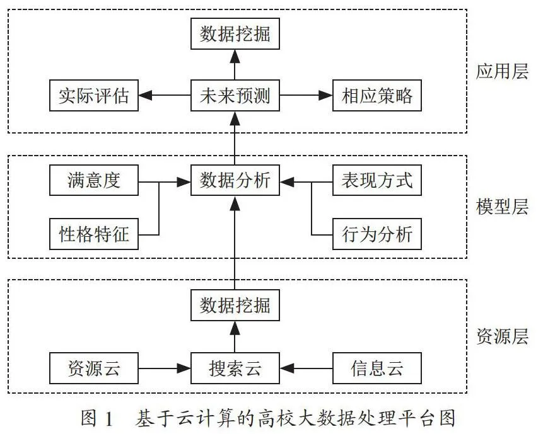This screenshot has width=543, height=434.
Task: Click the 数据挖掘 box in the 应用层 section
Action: pyautogui.click(x=235, y=34)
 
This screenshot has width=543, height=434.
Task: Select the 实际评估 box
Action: pyautogui.click(x=94, y=96)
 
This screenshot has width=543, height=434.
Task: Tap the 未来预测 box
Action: pyautogui.click(x=235, y=96)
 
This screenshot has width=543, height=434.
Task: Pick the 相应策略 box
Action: pyautogui.click(x=377, y=96)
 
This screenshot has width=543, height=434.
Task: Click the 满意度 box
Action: pyautogui.click(x=94, y=180)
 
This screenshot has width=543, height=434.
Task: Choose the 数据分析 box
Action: pyautogui.click(x=235, y=180)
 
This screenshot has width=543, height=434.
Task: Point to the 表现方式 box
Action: pyautogui.click(x=377, y=180)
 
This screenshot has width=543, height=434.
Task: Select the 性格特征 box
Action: pyautogui.click(x=94, y=234)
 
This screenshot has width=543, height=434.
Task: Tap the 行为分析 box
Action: pyautogui.click(x=377, y=234)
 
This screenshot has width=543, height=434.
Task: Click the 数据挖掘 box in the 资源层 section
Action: pyautogui.click(x=235, y=306)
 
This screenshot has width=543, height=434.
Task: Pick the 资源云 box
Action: pyautogui.click(x=94, y=368)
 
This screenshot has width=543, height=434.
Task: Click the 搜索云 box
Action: pyautogui.click(x=235, y=368)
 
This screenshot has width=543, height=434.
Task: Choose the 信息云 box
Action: pyautogui.click(x=377, y=368)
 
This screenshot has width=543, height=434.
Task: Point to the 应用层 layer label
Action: pyautogui.click(x=502, y=72)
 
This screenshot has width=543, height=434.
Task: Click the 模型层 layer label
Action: pyautogui.click(x=502, y=207)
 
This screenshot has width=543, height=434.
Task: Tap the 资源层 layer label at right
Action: pyautogui.click(x=502, y=336)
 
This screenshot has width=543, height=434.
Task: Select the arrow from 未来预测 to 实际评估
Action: pyautogui.click(x=165, y=96)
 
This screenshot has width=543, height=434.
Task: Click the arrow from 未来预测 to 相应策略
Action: pyautogui.click(x=306, y=96)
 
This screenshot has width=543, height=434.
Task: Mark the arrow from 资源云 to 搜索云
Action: pyautogui.click(x=165, y=368)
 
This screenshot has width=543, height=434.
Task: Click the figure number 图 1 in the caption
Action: pyautogui.click(x=97, y=418)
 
